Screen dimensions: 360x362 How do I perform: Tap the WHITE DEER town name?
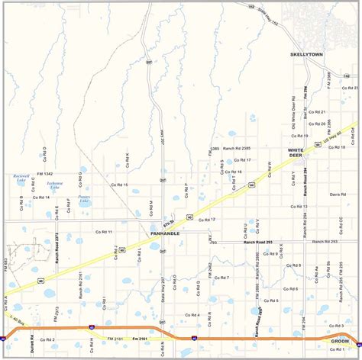(x=296, y=153)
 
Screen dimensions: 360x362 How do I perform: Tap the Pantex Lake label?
(x=84, y=200)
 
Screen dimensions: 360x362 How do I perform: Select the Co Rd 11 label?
(x=104, y=231)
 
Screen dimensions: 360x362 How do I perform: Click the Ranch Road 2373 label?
(x=58, y=248)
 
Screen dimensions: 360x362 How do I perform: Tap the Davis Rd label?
(x=338, y=194)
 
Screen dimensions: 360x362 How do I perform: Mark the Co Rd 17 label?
(x=243, y=160)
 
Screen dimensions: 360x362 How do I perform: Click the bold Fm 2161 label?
(x=141, y=338)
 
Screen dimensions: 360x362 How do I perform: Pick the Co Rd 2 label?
(x=47, y=339)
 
